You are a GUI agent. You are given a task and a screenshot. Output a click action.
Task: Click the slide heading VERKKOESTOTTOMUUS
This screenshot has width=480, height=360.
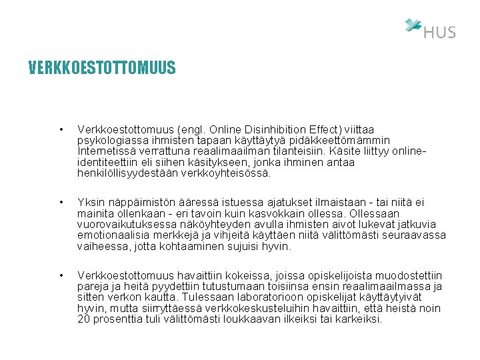[x=102, y=68]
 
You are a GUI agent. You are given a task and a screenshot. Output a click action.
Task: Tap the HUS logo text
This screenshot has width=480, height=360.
[x=439, y=32]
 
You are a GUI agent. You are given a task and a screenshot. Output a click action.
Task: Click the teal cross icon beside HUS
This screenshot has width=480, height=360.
[x=413, y=25]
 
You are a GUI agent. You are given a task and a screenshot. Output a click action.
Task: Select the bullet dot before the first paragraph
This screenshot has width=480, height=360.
[x=61, y=129]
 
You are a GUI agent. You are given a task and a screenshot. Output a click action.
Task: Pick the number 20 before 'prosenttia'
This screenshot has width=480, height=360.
[x=84, y=319]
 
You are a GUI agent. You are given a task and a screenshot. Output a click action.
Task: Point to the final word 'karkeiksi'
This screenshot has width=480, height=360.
[x=360, y=319]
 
